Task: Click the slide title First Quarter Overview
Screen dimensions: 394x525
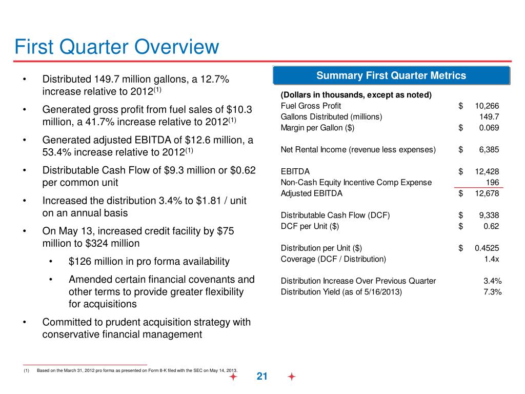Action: coord(117,47)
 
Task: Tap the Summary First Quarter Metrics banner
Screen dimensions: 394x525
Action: coord(391,76)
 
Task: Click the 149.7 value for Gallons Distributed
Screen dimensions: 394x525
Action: coord(490,116)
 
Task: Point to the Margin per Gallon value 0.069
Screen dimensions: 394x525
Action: coord(489,128)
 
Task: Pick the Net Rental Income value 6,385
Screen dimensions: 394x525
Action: coord(489,150)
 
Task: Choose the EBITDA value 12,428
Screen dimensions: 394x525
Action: coord(487,171)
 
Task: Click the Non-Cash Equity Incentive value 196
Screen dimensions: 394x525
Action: coord(492,182)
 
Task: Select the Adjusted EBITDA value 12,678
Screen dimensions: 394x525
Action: coord(487,193)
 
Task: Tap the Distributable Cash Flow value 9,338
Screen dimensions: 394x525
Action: coord(489,215)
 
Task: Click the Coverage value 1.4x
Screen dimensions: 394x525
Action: coord(492,259)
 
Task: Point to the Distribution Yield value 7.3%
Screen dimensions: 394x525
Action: coord(492,292)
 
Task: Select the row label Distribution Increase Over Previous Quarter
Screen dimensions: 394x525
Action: coord(358,281)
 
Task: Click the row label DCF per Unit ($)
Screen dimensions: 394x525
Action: coord(310,226)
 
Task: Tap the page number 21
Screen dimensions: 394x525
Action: coord(262,377)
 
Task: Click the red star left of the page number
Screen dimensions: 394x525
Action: coord(233,377)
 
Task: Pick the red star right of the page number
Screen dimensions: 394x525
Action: coord(292,377)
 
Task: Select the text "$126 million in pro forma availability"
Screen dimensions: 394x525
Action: coord(149,262)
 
